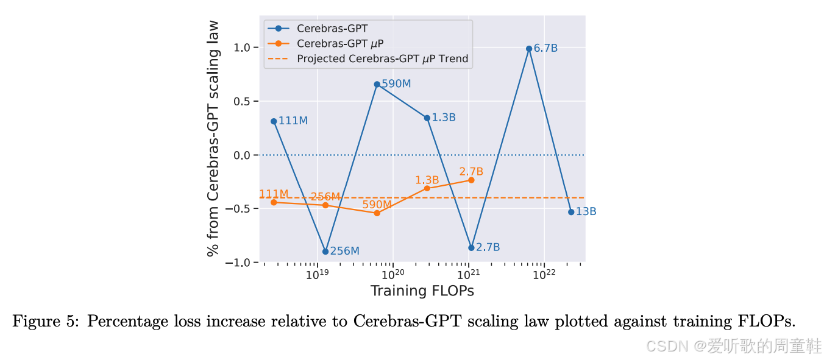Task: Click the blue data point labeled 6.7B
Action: (x=528, y=49)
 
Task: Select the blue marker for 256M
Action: (x=325, y=251)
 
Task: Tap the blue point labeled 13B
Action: (x=571, y=212)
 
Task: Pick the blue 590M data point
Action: (x=377, y=85)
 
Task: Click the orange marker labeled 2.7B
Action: (x=471, y=180)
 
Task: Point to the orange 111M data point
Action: (x=274, y=202)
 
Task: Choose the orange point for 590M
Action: (x=377, y=213)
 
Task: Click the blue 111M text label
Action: (x=293, y=121)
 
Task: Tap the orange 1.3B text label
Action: (x=427, y=180)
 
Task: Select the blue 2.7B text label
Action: (x=488, y=247)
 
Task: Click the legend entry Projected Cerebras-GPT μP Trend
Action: (x=382, y=59)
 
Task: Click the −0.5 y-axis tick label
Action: (x=240, y=209)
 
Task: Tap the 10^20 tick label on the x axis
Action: (x=393, y=274)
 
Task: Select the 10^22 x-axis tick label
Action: (x=544, y=274)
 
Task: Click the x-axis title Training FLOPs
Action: (x=422, y=291)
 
